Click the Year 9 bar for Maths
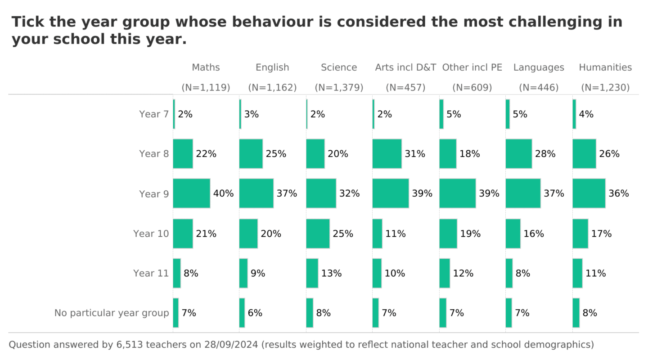pyautogui.click(x=191, y=193)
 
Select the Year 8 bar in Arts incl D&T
pyautogui.click(x=387, y=154)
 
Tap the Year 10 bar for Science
pyautogui.click(x=318, y=234)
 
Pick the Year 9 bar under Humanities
pyautogui.click(x=589, y=193)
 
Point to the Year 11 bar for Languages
pyautogui.click(x=509, y=273)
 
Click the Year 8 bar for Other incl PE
pyautogui.click(x=448, y=154)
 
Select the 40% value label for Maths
pyautogui.click(x=223, y=193)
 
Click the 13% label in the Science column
pyautogui.click(x=331, y=273)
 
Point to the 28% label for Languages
pyautogui.click(x=545, y=154)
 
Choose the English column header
pyautogui.click(x=272, y=67)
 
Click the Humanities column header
pyautogui.click(x=605, y=67)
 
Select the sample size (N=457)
pyautogui.click(x=405, y=88)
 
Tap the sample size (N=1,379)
pyautogui.click(x=339, y=88)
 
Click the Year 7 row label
pyautogui.click(x=154, y=114)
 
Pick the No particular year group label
pyautogui.click(x=112, y=313)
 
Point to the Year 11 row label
pyautogui.click(x=151, y=273)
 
